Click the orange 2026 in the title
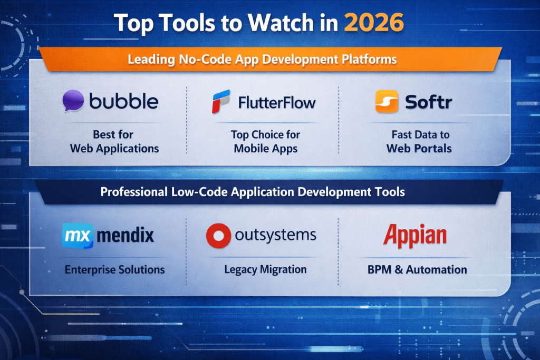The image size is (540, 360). (373, 23)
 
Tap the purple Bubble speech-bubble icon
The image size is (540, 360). (73, 101)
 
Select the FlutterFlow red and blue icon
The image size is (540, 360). (221, 101)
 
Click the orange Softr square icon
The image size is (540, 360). (387, 101)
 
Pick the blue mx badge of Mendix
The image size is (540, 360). (78, 235)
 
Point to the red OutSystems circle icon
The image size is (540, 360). (218, 236)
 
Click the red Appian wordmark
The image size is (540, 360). (414, 236)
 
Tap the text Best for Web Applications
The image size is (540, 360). (114, 141)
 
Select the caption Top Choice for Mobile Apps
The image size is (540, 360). (265, 141)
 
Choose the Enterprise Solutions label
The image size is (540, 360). (114, 269)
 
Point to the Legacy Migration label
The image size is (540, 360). (265, 269)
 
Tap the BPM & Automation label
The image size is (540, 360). (417, 269)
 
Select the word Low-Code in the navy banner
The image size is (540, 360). (200, 191)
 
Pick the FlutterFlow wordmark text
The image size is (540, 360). (276, 102)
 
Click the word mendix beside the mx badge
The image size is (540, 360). (126, 235)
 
